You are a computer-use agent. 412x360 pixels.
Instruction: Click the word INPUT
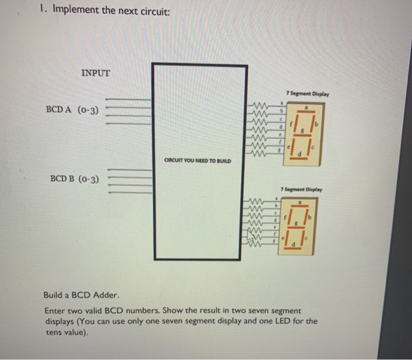pyautogui.click(x=95, y=73)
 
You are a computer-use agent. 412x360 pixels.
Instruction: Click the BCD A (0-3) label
pyautogui.click(x=72, y=109)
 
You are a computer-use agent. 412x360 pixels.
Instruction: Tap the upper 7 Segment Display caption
pyautogui.click(x=307, y=94)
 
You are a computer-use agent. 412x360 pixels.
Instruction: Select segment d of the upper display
pyautogui.click(x=299, y=158)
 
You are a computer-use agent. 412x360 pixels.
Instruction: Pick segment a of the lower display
pyautogui.click(x=299, y=205)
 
